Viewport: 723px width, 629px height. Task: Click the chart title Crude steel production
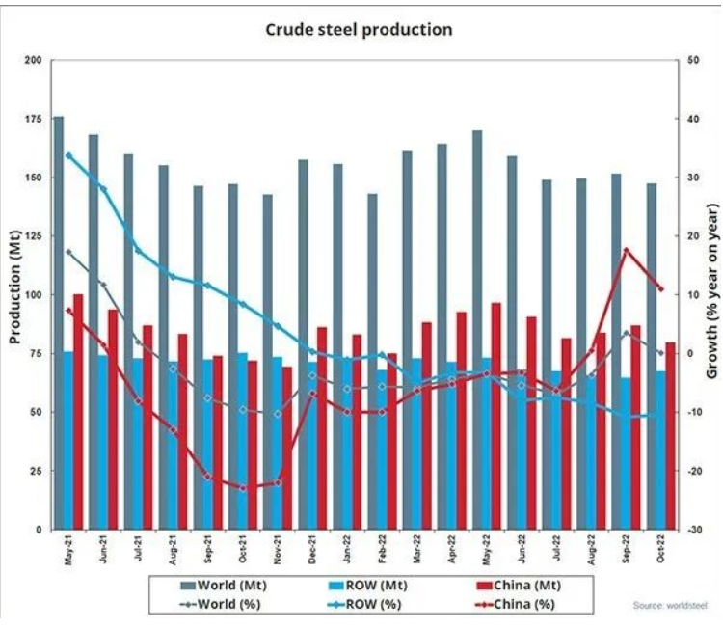coord(359,30)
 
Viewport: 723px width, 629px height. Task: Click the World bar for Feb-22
coord(372,361)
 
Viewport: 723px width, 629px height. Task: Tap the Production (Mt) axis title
coord(14,294)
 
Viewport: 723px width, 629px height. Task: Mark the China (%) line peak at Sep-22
coord(627,250)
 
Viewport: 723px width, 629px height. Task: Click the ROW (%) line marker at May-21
coord(68,155)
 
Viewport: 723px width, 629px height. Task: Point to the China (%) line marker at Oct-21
coord(243,488)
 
